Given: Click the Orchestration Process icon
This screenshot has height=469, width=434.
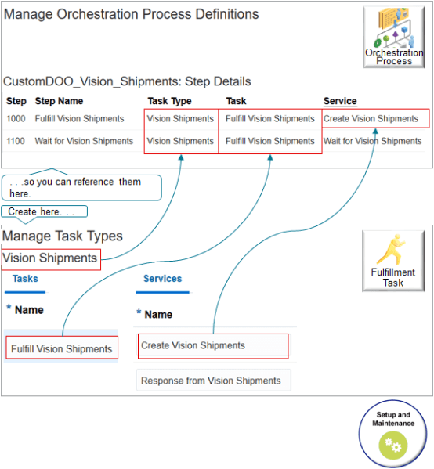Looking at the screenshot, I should (x=394, y=37).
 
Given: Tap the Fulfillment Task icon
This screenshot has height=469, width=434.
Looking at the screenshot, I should (x=393, y=261).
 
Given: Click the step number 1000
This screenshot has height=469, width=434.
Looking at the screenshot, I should (x=16, y=119).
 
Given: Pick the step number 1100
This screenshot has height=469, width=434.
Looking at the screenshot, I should (x=16, y=141).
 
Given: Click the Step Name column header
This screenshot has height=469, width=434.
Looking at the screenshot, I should (x=59, y=101).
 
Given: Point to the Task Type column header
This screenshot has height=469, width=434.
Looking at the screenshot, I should (x=169, y=101).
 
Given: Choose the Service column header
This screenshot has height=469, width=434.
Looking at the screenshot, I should (x=340, y=101).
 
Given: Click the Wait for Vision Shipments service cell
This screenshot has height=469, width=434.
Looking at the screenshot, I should (x=372, y=141).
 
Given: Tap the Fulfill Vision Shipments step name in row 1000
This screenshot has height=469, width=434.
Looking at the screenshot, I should (x=79, y=119).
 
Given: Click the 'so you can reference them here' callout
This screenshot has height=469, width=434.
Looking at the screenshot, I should (x=81, y=187).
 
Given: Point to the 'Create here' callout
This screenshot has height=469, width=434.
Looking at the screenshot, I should (x=44, y=211).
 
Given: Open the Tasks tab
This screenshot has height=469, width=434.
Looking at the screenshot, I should (x=25, y=279).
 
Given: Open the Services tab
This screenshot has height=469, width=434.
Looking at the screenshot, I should (x=162, y=279).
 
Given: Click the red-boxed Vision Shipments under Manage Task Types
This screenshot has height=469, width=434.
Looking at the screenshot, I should (x=51, y=258).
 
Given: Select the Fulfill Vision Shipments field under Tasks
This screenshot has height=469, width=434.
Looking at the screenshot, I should (x=62, y=348).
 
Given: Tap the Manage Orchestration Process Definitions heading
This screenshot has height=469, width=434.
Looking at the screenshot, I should (x=131, y=14).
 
